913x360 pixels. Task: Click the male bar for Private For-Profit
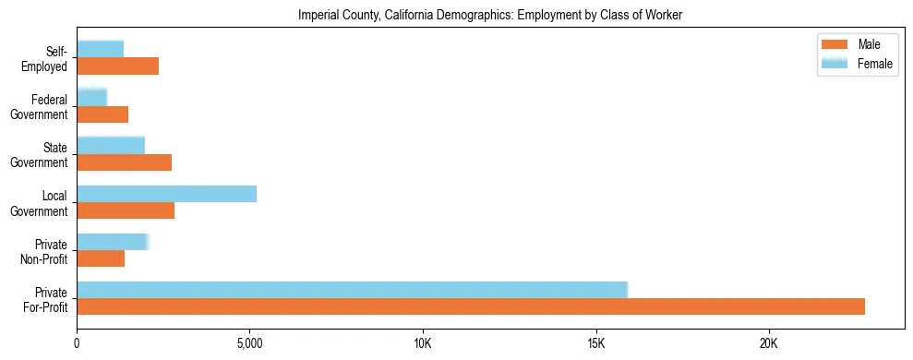471,306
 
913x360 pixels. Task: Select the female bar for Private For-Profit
352,290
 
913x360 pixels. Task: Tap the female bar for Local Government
166,194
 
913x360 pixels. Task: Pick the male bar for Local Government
126,210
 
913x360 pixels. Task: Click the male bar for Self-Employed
117,66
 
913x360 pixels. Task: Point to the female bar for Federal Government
91,97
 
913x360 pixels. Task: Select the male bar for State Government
124,162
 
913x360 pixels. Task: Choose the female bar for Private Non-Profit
112,242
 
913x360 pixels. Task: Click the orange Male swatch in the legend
834,44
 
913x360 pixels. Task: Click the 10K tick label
423,343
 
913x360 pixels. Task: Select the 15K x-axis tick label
595,343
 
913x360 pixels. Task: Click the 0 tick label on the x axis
77,343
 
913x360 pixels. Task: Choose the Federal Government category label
40,107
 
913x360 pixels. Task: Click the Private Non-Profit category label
43,251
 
